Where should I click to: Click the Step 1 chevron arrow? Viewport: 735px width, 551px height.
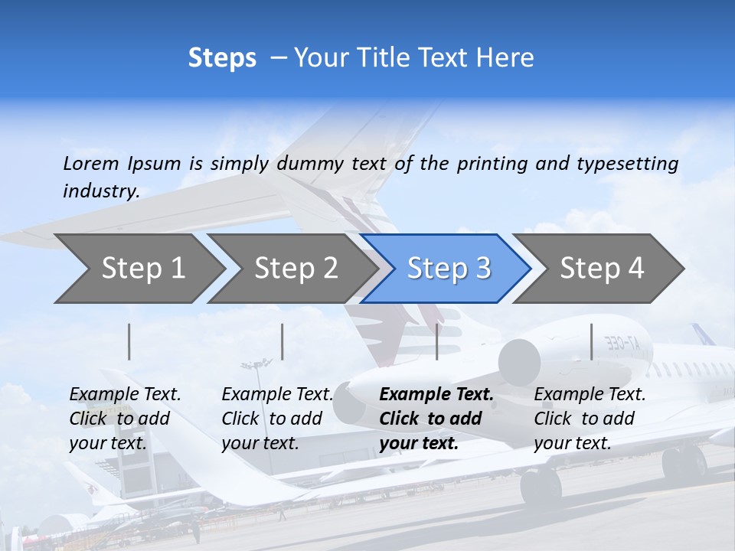point(142,269)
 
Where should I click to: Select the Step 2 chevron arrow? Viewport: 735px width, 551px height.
point(295,269)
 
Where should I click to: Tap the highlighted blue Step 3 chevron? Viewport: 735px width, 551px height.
point(448,269)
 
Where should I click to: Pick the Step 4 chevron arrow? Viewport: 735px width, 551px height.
point(601,269)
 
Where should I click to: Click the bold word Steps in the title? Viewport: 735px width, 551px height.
point(222,58)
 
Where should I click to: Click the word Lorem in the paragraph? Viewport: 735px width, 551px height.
point(90,163)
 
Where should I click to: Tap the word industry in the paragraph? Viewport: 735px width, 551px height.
point(100,191)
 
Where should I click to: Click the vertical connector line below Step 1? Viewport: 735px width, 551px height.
point(129,341)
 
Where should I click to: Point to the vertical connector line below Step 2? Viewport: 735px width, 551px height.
point(283,341)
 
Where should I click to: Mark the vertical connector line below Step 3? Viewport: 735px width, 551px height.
point(436,341)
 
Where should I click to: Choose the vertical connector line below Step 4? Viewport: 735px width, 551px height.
point(591,341)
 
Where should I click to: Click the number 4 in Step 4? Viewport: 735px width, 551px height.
point(635,269)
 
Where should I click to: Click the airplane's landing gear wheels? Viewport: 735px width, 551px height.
point(541,485)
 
